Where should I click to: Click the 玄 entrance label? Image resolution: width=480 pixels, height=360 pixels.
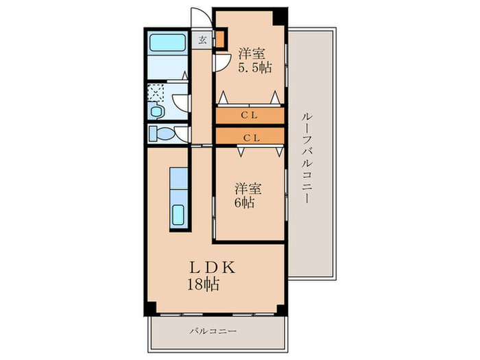[x=202, y=40]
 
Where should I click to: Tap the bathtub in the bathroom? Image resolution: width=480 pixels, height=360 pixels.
[x=167, y=43]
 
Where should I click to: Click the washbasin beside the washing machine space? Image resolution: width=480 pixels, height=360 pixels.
[x=156, y=110]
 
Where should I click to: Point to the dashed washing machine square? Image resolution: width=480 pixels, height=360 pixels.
[x=156, y=92]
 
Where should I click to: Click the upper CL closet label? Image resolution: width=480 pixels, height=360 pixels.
[x=250, y=115]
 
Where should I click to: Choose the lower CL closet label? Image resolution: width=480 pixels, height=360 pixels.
[x=252, y=138]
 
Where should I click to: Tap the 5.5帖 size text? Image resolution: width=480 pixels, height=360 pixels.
[x=255, y=68]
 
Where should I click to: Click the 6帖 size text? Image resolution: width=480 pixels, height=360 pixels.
[x=244, y=203]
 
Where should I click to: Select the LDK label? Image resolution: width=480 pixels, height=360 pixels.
[x=213, y=267]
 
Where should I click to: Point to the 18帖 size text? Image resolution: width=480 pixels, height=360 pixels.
[x=203, y=285]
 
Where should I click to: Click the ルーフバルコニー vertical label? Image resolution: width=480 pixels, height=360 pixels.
[x=307, y=158]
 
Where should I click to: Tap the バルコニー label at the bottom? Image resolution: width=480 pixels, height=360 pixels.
[x=213, y=331]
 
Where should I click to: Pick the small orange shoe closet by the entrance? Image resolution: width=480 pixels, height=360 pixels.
[x=220, y=38]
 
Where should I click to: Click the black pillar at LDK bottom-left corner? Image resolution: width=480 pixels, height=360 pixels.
[x=150, y=309]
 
